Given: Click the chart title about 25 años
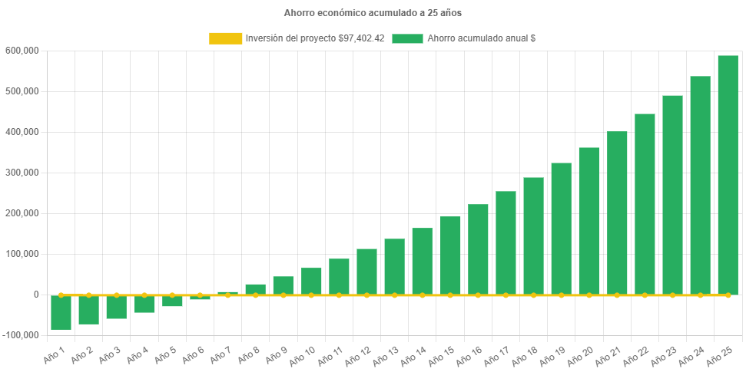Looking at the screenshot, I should [x=373, y=13].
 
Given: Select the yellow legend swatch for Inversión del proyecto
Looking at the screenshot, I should [x=225, y=38].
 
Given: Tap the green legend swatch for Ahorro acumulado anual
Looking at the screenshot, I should [x=407, y=38].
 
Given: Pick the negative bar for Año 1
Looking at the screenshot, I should [x=61, y=313].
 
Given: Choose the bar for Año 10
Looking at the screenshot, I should [x=311, y=281].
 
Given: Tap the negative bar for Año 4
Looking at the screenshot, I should [x=144, y=305].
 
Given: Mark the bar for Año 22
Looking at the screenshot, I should [x=645, y=204].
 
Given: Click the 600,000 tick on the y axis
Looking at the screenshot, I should [x=22, y=51].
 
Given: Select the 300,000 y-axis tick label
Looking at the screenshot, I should [x=22, y=173].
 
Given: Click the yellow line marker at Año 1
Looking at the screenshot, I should [x=61, y=295].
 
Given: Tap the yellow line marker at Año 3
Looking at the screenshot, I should [x=117, y=295].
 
